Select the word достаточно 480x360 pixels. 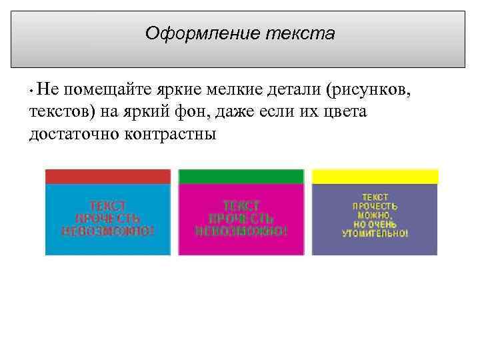pos(73,134)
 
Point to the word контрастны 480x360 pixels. pos(170,134)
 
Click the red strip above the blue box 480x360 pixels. pos(107,176)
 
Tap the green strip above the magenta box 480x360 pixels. pos(241,176)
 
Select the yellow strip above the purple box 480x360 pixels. pos(375,176)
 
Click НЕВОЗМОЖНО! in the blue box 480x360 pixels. pos(107,231)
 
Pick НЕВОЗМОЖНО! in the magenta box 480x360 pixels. pos(241,231)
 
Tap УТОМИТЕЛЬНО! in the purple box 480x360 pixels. pos(375,233)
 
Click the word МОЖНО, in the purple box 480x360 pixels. pos(375,215)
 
